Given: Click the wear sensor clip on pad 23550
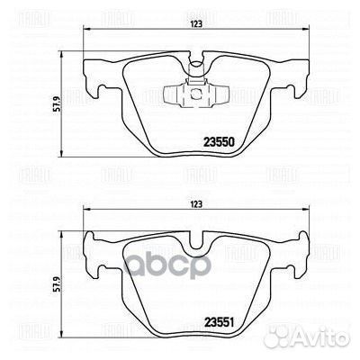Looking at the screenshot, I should pos(193,93).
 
